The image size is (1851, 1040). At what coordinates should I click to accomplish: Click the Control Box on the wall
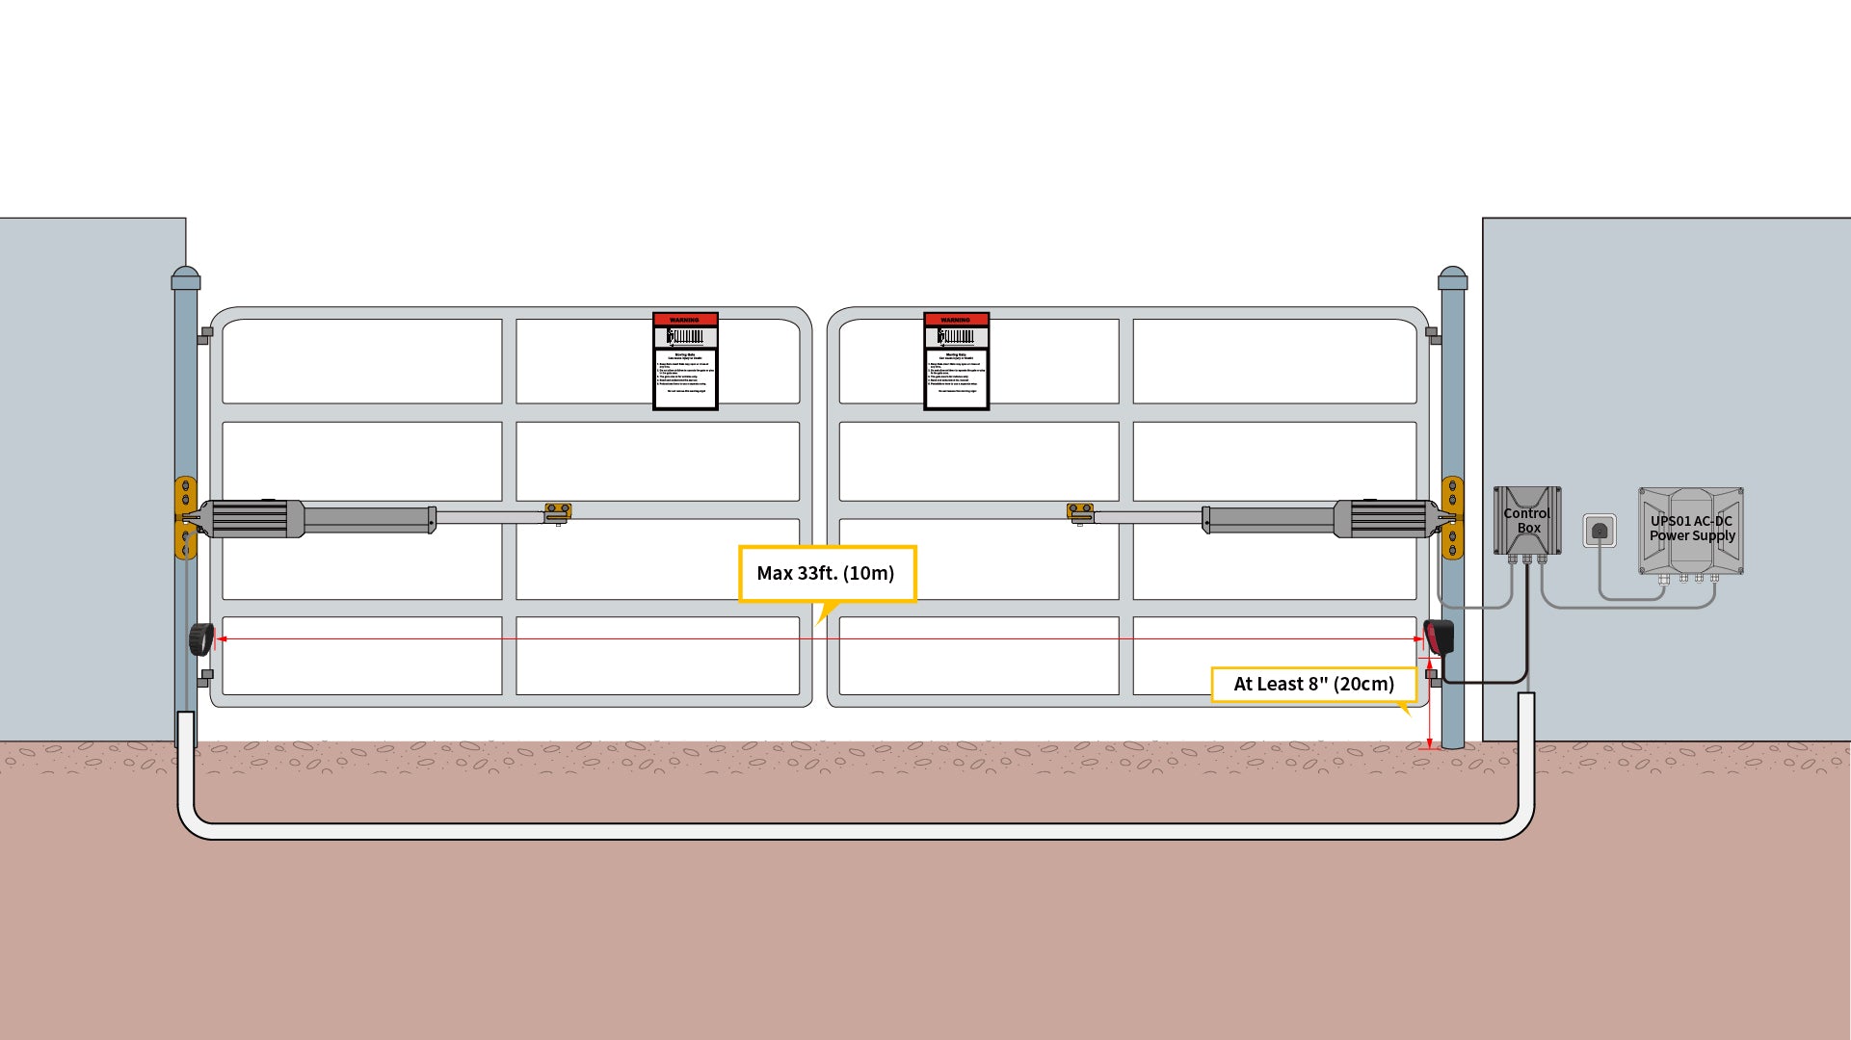[1527, 520]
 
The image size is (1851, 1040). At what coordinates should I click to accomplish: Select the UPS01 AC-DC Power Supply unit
[1691, 531]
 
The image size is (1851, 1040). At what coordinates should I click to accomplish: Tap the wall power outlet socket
[1600, 531]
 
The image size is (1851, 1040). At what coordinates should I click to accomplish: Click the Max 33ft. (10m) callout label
[827, 574]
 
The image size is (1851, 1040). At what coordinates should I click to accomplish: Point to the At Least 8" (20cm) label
[1313, 685]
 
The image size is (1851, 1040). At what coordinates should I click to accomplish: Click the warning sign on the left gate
[685, 361]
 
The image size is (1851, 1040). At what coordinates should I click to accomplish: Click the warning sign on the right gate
[956, 361]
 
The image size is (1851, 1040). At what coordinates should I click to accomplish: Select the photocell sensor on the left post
[201, 639]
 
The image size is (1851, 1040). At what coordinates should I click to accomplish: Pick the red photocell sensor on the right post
[1440, 637]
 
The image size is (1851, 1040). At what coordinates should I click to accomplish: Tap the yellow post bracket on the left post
[184, 517]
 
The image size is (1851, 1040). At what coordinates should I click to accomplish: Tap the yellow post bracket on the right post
[1453, 517]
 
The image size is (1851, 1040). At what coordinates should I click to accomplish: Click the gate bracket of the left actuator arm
[558, 512]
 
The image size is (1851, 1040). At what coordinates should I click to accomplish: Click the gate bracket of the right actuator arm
[1080, 512]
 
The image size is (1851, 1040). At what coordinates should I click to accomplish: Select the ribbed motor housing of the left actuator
[252, 519]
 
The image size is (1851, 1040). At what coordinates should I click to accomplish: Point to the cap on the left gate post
[186, 278]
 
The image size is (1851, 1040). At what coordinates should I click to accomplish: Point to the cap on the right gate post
[1452, 278]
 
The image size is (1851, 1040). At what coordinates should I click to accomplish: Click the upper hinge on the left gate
[205, 335]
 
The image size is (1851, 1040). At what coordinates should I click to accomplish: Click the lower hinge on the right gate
[1433, 677]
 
